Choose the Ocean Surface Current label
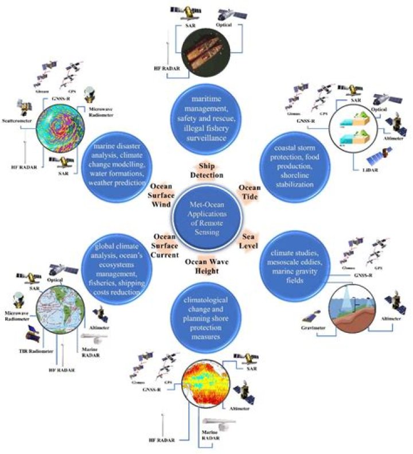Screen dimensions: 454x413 [165, 245]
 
